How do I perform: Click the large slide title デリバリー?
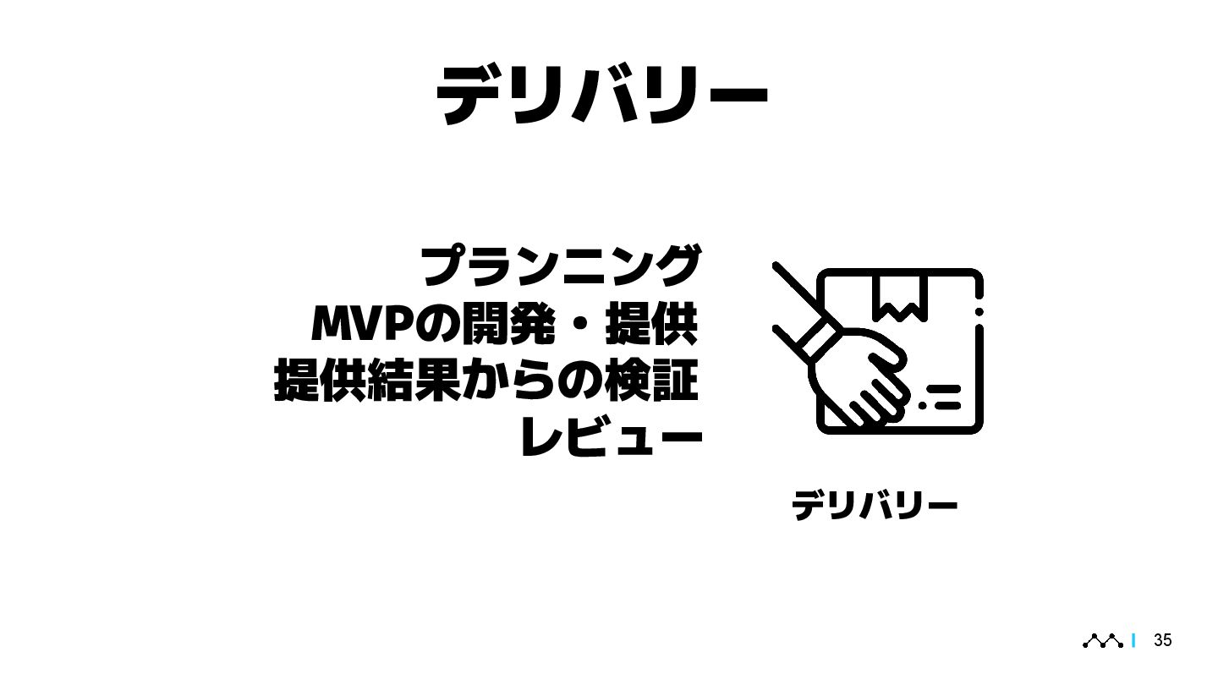[601, 94]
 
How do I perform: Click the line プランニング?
[561, 265]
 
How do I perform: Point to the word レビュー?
[611, 438]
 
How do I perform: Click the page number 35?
[1163, 640]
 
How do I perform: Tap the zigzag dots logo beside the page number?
[1103, 641]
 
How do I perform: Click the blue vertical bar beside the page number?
[1133, 641]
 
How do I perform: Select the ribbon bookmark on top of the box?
[897, 297]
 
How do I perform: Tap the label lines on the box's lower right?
[941, 397]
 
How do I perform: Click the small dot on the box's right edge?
[979, 313]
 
